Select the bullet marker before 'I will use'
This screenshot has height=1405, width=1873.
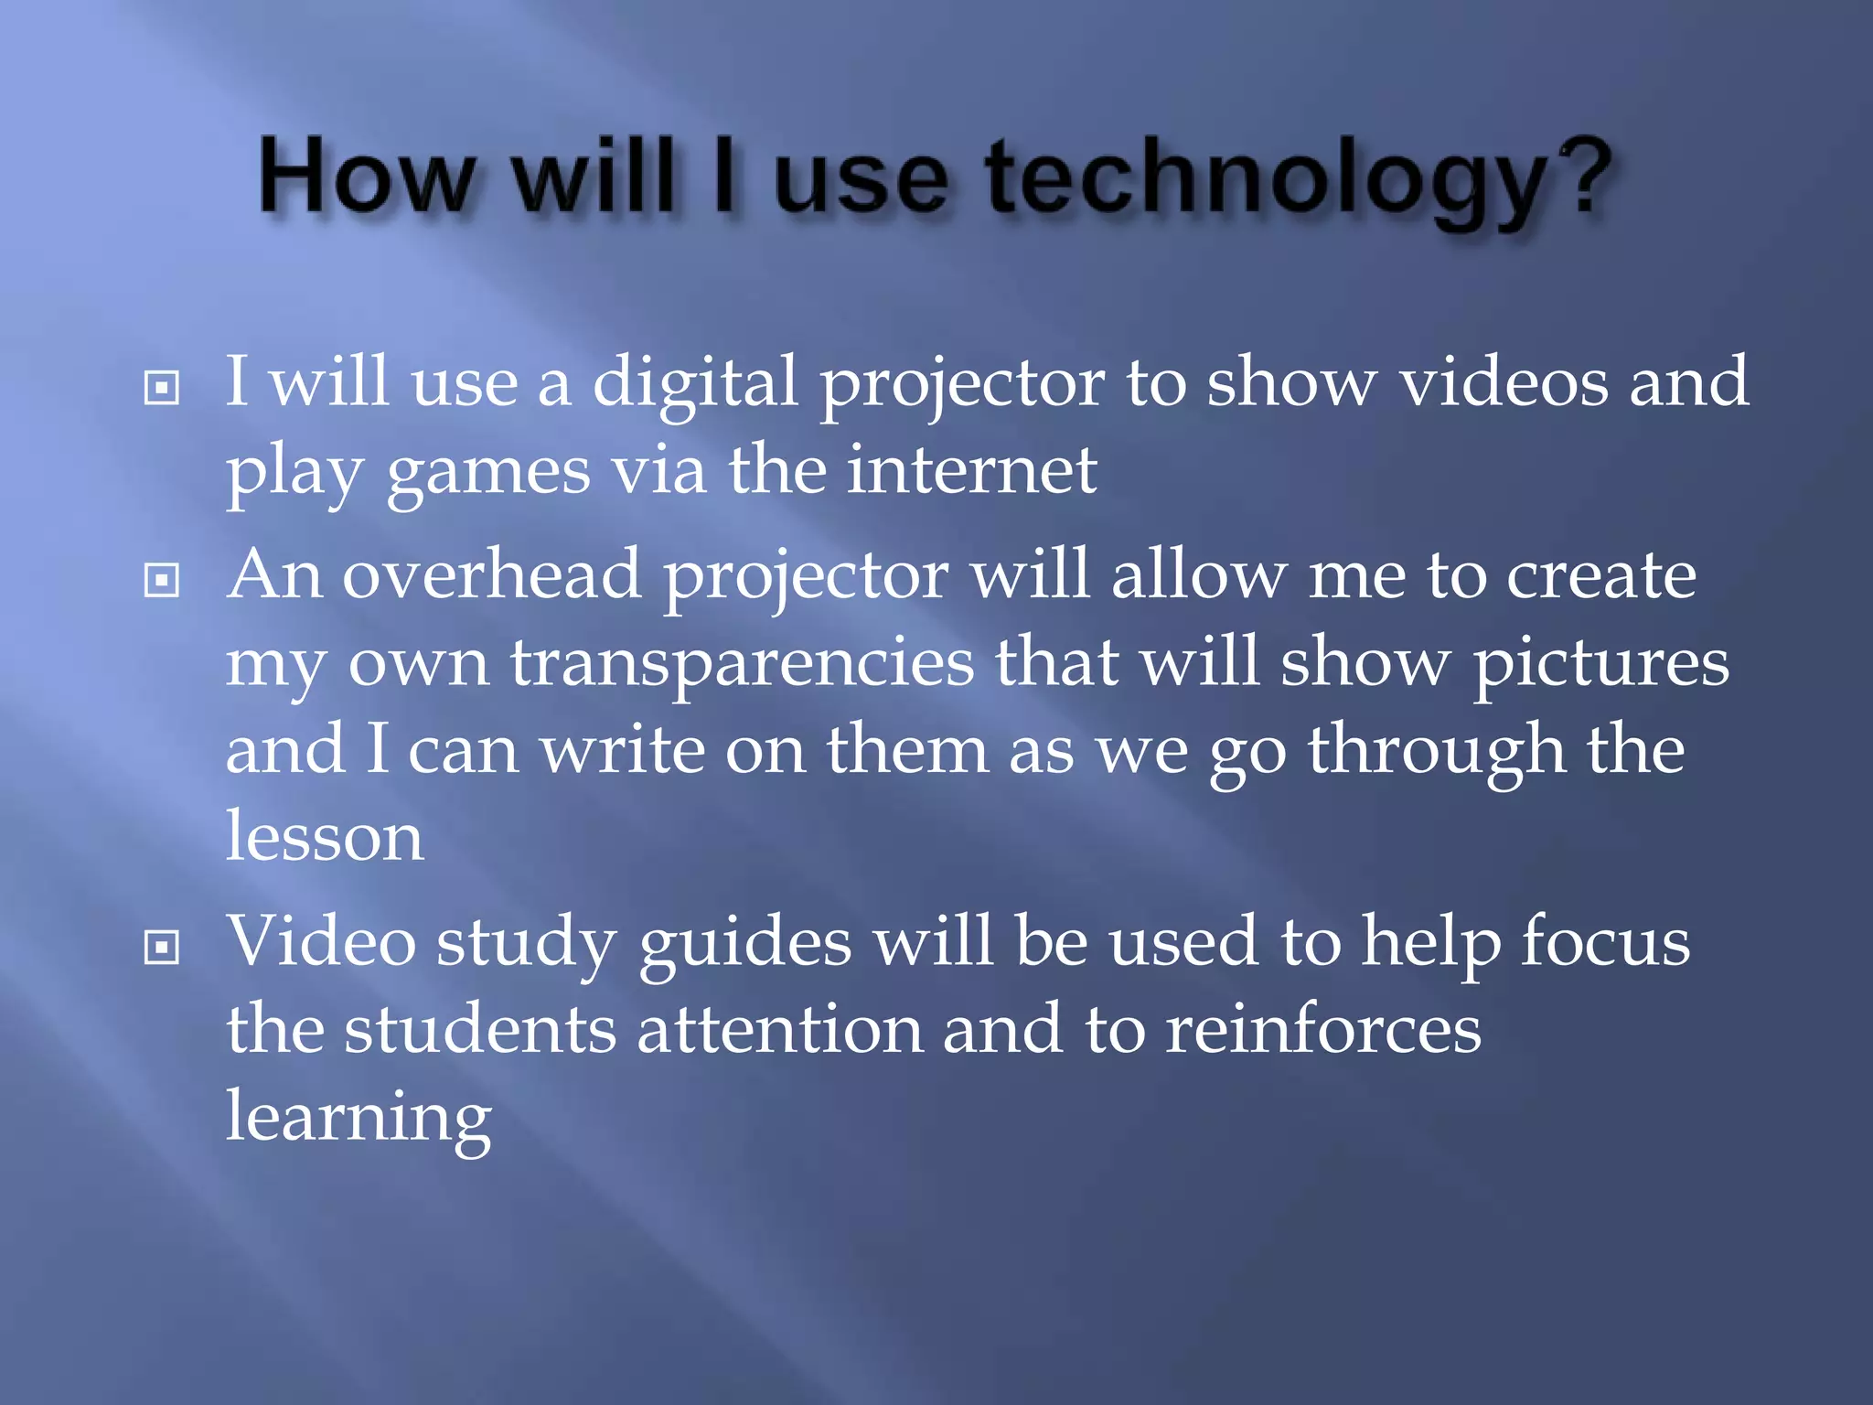click(162, 388)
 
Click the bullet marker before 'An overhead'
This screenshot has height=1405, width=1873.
click(162, 580)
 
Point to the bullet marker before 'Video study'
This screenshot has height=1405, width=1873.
click(162, 947)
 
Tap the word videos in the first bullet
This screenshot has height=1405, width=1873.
click(1504, 382)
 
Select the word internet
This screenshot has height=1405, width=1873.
click(971, 470)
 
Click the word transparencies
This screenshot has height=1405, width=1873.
click(742, 664)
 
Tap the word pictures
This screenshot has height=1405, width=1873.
click(1600, 664)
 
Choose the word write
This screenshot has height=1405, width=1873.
click(622, 750)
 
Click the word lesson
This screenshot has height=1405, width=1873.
click(325, 836)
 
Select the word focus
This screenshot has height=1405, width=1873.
click(1605, 942)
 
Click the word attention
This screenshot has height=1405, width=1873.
click(779, 1030)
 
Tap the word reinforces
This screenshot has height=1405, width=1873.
click(1322, 1030)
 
